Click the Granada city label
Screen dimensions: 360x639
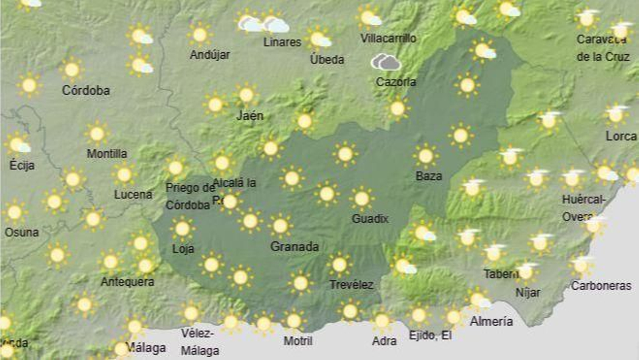point(294,247)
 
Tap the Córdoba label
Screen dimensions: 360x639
point(86,90)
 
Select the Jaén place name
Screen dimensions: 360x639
point(250,116)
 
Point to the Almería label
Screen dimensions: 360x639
point(491,321)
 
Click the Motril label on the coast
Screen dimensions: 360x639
point(298,341)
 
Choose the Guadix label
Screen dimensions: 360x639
point(370,219)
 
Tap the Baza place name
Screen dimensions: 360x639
point(429,176)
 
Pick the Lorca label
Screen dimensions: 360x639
point(621,136)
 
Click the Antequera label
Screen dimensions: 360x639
point(127,282)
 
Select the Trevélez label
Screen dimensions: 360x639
point(351,284)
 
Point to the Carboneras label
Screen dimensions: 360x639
point(601,286)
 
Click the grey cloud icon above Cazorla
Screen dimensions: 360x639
point(386,62)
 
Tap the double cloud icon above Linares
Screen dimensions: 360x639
point(264,24)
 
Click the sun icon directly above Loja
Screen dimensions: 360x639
point(183,229)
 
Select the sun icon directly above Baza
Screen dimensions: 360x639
point(426,156)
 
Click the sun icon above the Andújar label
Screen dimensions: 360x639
point(200,35)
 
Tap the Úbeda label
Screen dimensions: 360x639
point(327,60)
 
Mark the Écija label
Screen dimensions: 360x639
point(22,165)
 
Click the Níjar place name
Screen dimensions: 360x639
point(528,292)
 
